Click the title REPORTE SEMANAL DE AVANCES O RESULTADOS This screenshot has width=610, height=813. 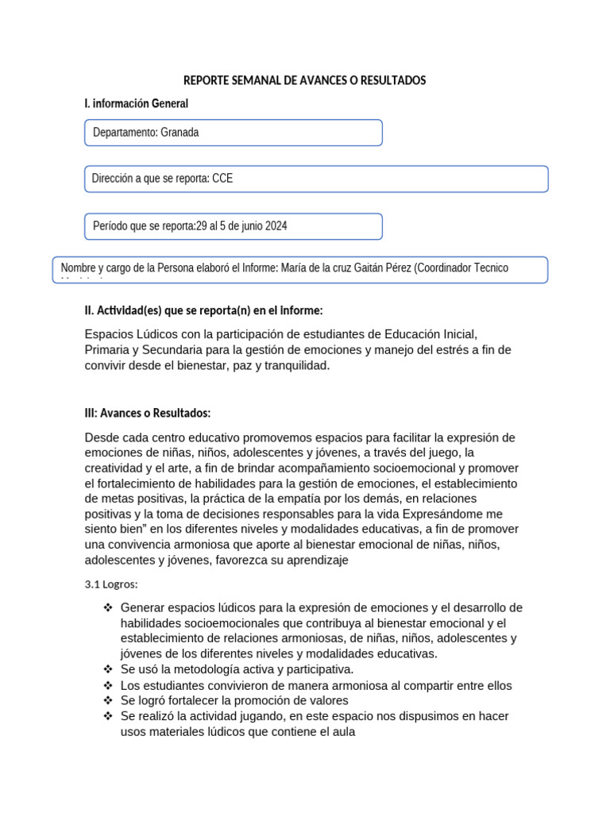point(305,81)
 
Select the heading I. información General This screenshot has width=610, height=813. point(136,104)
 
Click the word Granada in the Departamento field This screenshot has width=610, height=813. point(180,133)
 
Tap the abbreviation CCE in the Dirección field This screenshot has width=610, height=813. point(222,179)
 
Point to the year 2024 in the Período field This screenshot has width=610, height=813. point(276,226)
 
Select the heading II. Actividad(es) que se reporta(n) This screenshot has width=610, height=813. point(203,310)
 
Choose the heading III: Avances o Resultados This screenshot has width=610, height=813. point(147,413)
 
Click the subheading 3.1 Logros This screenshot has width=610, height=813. point(111,584)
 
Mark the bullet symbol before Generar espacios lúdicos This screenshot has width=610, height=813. point(108,608)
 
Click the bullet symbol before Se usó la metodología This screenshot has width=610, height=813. point(108,669)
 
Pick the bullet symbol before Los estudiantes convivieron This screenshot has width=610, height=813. point(108,685)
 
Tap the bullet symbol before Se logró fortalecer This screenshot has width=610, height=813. point(108,700)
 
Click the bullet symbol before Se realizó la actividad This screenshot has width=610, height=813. point(108,716)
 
